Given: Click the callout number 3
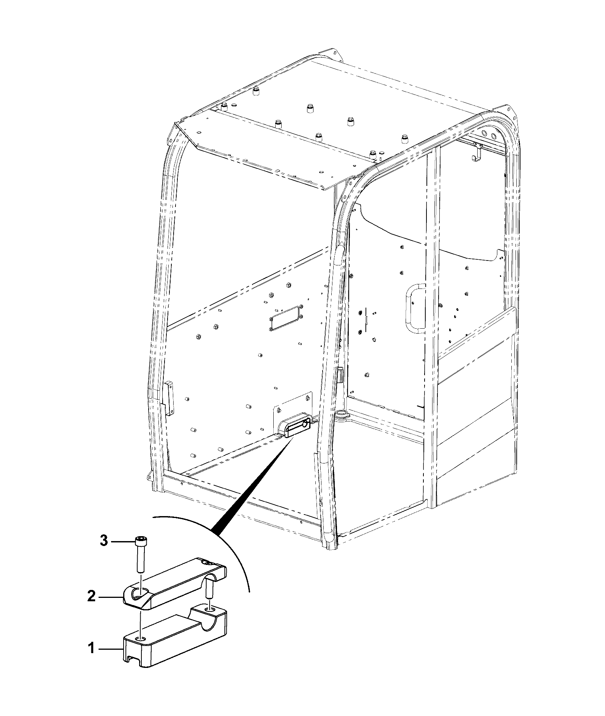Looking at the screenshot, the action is pyautogui.click(x=104, y=541).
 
